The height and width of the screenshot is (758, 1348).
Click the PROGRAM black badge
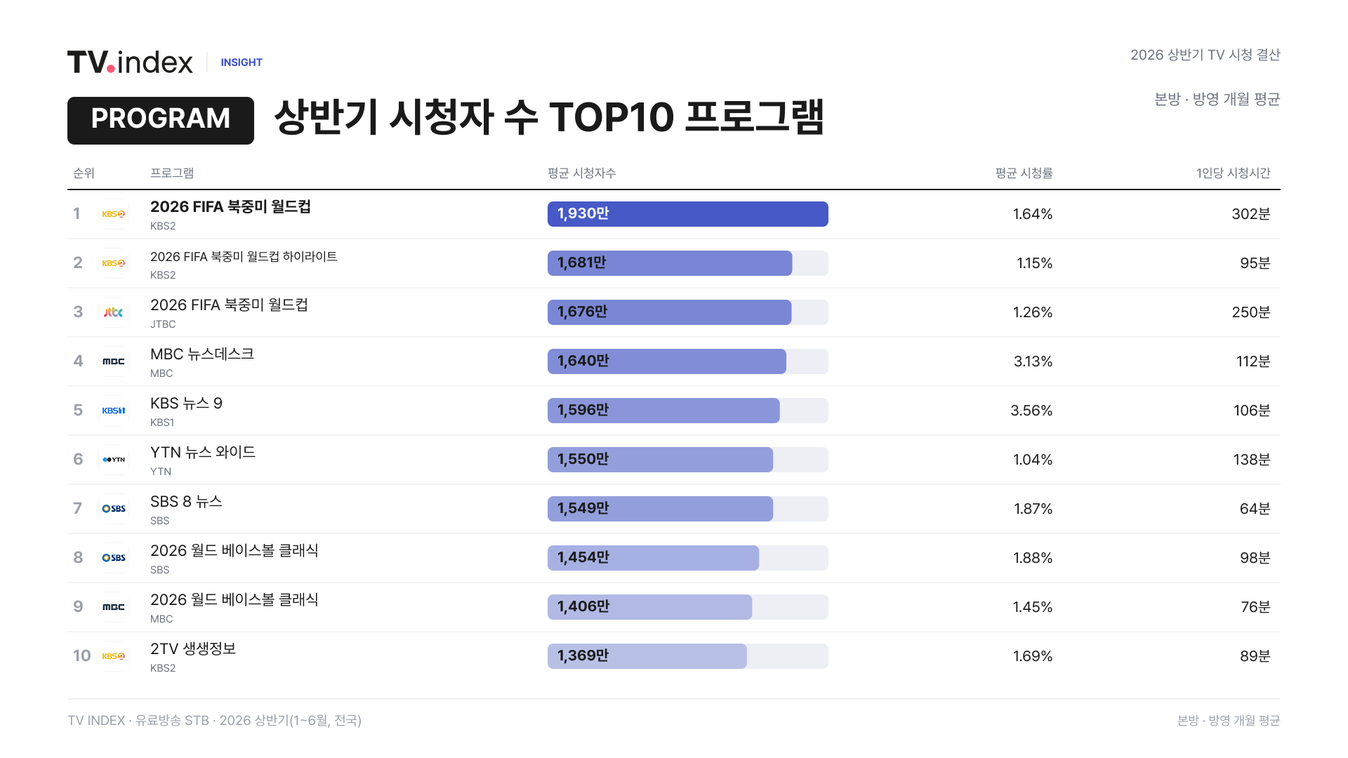(x=161, y=121)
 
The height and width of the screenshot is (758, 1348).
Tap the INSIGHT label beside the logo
(x=242, y=62)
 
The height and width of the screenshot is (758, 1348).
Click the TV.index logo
(x=130, y=62)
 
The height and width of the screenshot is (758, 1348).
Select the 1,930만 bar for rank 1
(x=688, y=214)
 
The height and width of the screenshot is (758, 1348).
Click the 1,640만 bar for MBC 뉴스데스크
(x=667, y=361)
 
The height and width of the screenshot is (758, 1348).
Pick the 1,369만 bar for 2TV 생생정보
(x=647, y=656)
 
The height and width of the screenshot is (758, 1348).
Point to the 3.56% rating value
(x=1031, y=411)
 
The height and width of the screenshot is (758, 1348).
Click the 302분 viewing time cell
(x=1251, y=214)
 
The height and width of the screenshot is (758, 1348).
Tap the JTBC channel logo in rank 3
(x=114, y=312)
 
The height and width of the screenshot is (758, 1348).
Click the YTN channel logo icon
(x=114, y=460)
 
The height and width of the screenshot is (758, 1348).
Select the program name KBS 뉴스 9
(x=186, y=404)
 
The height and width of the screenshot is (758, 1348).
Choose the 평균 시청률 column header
(x=1024, y=173)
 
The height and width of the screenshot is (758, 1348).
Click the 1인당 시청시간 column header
(x=1234, y=173)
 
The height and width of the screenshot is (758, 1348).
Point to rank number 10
(x=82, y=656)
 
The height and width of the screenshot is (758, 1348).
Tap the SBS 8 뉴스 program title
(x=186, y=502)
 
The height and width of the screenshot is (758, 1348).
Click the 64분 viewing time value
(x=1255, y=509)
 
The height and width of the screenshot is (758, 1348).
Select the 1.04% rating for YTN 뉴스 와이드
(x=1033, y=460)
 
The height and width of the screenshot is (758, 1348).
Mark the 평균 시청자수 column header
(x=582, y=173)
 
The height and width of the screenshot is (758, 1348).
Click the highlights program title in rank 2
(x=244, y=257)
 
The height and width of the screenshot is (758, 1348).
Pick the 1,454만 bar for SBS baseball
(x=653, y=558)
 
